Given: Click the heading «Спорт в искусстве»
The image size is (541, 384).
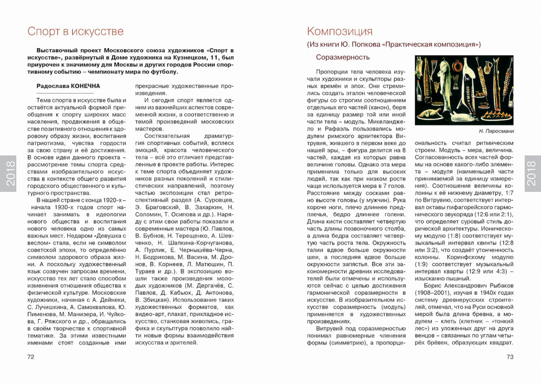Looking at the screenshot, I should coord(76,31).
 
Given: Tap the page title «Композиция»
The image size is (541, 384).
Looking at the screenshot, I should coord(340,31).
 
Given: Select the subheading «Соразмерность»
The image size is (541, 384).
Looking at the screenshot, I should coord(343,57).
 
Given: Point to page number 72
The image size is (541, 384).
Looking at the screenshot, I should coord(31,357).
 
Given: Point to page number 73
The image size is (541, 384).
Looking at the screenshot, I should coord(510,357).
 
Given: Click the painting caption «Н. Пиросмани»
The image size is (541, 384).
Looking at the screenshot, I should coord(496,131).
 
